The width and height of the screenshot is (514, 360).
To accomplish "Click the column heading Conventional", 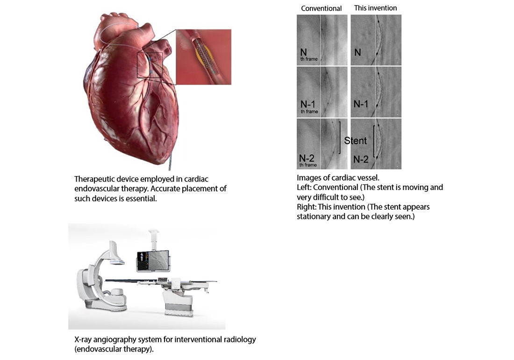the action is (x=321, y=8).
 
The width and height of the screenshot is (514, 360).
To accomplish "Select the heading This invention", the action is (x=375, y=8).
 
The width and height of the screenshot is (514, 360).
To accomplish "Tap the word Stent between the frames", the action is (x=355, y=141).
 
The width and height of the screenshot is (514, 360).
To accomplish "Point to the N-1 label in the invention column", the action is (x=361, y=104).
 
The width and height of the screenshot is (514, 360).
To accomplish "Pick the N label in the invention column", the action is (x=357, y=52).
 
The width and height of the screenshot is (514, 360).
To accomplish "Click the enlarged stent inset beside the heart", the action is (x=204, y=57).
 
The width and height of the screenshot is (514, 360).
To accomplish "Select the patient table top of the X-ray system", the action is (x=161, y=281).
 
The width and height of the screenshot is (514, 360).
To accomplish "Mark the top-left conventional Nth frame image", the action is (x=322, y=40).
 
